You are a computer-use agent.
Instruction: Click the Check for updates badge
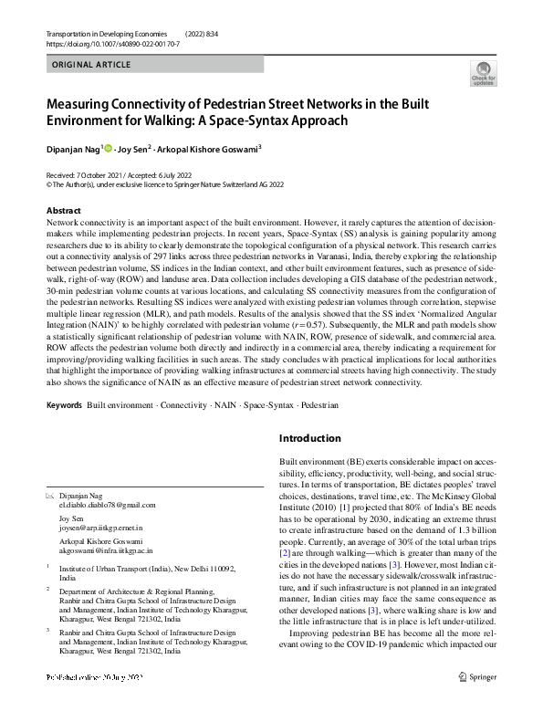pos(483,74)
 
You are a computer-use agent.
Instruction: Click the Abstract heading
pos(63,210)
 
